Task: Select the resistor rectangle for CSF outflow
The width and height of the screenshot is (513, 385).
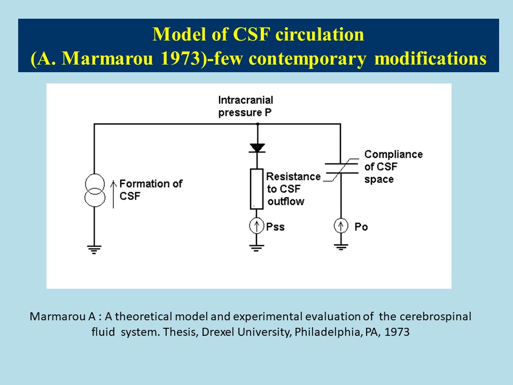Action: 258,189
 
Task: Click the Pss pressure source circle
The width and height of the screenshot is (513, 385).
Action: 258,227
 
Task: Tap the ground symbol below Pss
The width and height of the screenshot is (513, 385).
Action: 258,247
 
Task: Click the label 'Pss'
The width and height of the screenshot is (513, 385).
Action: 275,227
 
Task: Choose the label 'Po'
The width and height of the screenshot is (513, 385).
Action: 361,227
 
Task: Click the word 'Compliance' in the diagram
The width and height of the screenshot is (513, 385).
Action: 393,155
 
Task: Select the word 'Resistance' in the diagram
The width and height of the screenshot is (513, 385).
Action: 293,176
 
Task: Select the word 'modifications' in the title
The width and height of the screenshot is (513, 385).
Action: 430,58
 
